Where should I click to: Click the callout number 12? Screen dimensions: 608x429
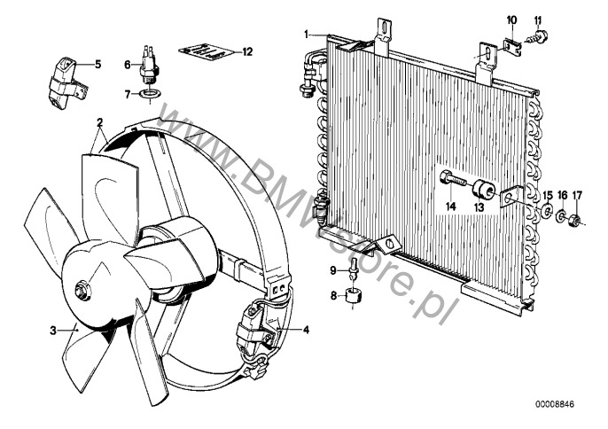click(x=247, y=51)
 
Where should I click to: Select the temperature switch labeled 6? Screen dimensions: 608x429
click(x=147, y=64)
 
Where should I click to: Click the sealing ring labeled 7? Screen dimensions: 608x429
click(x=151, y=94)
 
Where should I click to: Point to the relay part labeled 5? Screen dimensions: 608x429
click(x=67, y=83)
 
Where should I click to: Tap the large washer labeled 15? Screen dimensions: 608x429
click(x=547, y=210)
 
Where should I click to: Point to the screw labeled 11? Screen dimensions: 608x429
click(x=537, y=37)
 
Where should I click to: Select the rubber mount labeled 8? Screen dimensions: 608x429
click(x=353, y=297)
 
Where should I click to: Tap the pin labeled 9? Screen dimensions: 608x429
click(x=353, y=268)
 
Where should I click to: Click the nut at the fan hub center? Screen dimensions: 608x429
click(x=82, y=290)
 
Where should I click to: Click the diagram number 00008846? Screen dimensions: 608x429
click(x=555, y=404)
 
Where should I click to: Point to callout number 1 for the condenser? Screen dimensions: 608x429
click(x=307, y=35)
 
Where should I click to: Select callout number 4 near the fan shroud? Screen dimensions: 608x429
click(x=307, y=330)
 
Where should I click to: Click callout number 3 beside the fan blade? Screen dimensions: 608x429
click(x=53, y=331)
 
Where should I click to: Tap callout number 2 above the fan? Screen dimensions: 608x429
click(x=100, y=123)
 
